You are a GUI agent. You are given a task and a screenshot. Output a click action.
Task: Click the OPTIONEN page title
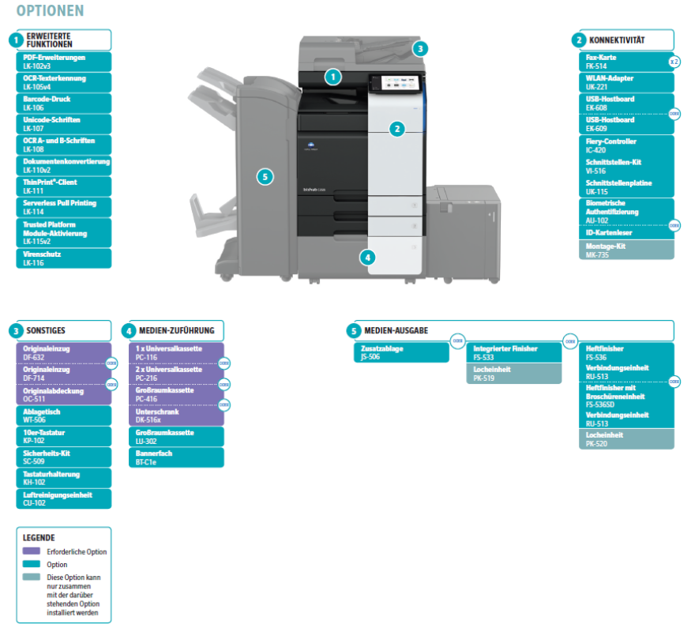[50, 11]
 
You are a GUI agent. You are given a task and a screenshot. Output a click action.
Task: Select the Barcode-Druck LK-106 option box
[63, 103]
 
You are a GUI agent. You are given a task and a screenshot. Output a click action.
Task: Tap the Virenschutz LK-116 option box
[63, 258]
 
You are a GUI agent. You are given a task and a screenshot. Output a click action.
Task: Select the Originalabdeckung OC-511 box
[63, 394]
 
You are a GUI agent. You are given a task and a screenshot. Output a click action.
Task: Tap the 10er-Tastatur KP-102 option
[63, 436]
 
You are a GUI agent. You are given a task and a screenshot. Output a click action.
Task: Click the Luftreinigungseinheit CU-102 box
[63, 498]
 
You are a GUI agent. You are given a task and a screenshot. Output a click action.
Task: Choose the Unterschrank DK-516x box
[175, 416]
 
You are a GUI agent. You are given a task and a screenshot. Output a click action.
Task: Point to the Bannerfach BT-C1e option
[175, 457]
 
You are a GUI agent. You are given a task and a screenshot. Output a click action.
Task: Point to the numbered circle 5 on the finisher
[265, 176]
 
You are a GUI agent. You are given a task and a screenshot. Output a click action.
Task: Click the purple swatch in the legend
[32, 551]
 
